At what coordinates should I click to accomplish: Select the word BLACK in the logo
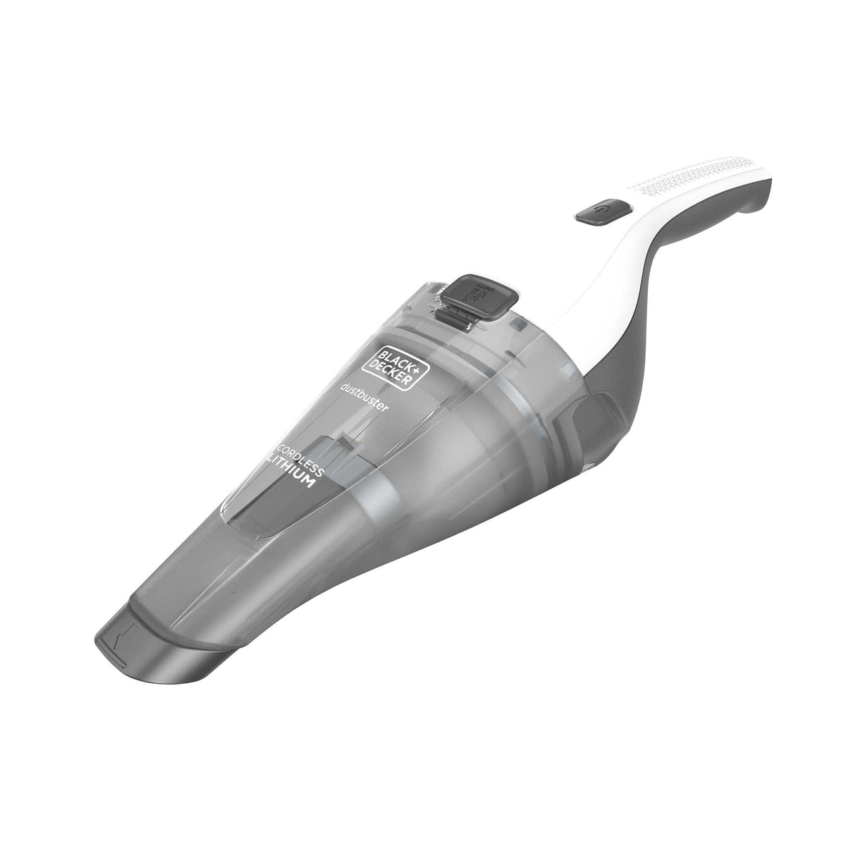pos(389,352)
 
